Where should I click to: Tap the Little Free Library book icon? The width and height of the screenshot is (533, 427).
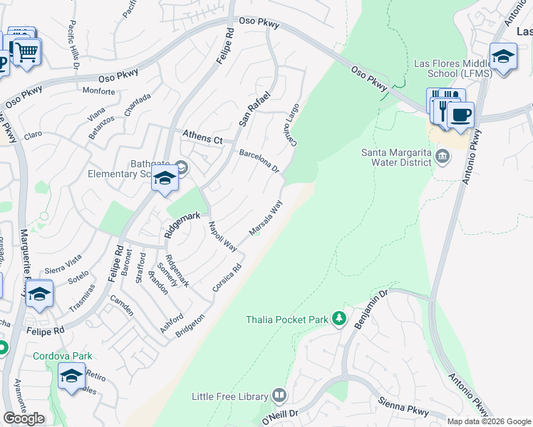coord(279,396)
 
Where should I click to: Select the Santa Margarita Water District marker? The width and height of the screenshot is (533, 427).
coord(442,156)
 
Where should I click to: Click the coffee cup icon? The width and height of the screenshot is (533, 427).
coord(460,115)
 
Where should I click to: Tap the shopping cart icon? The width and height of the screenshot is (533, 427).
coord(27,51)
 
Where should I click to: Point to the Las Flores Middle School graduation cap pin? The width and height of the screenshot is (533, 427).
coord(503,57)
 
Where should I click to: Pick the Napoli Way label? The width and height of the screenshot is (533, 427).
coord(222,236)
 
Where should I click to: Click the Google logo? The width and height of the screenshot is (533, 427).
coord(24,418)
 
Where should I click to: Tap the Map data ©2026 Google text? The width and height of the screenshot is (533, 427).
coord(489,421)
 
